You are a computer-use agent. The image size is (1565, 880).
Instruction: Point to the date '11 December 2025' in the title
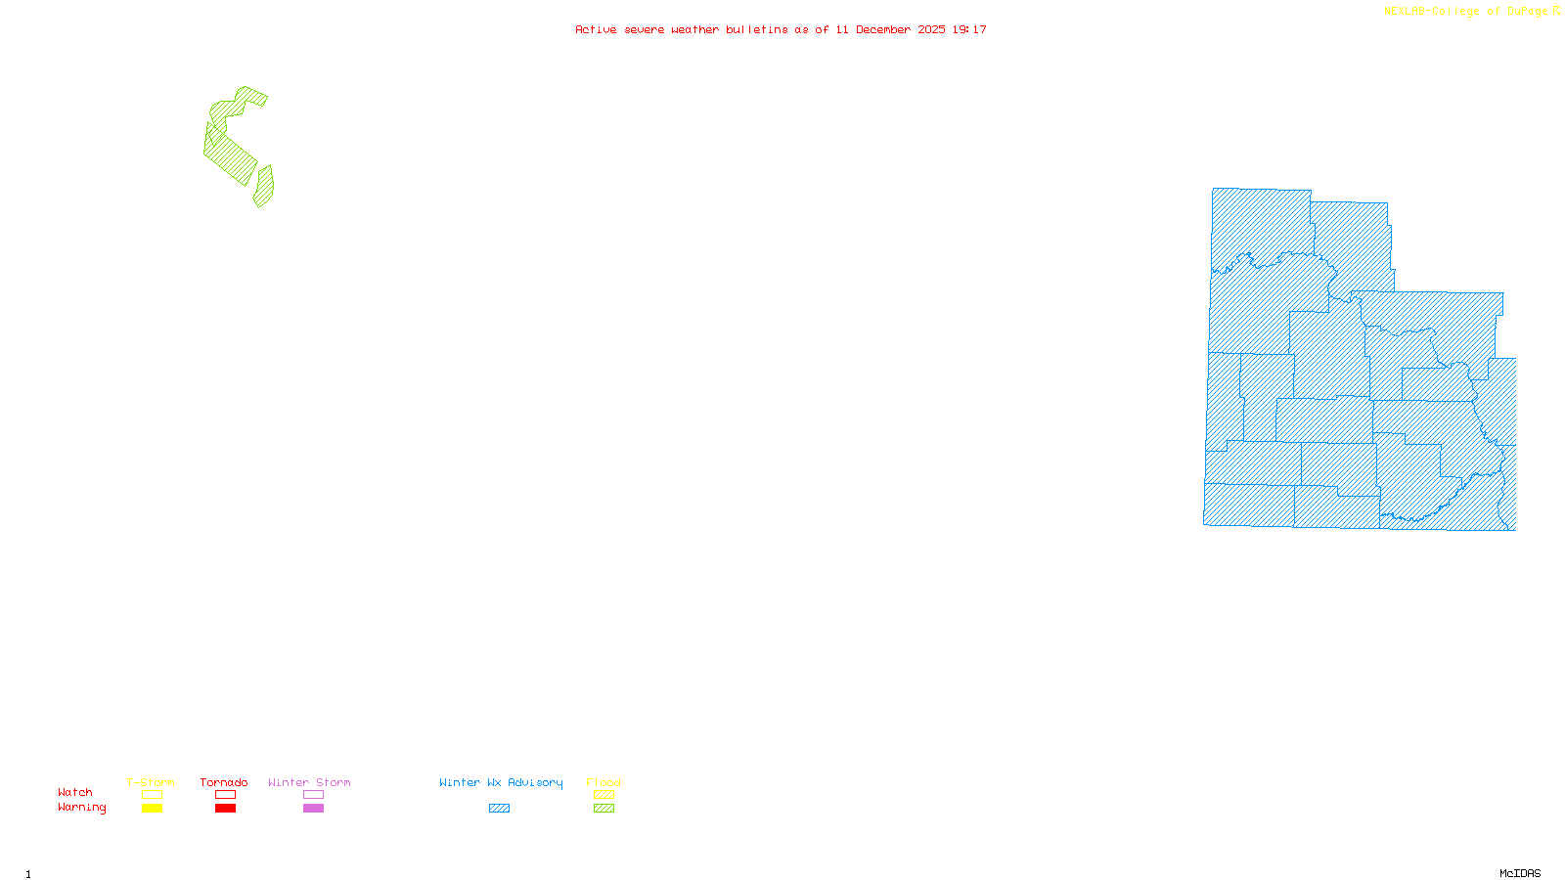(890, 30)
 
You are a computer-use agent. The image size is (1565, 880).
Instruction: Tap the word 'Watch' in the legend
(75, 793)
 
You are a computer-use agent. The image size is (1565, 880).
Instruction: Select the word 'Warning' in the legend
(81, 808)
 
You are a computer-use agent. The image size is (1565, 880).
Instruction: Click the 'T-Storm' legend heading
(151, 782)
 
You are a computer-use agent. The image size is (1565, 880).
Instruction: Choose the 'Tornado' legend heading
(224, 782)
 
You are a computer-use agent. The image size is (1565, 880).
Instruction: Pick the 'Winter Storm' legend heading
(309, 782)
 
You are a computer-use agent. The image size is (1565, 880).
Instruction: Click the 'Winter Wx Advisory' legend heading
(501, 782)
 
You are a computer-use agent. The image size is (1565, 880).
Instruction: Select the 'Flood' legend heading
(604, 782)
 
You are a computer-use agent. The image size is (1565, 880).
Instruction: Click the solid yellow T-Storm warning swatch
(152, 809)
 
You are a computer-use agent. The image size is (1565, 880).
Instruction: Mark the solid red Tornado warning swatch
(225, 809)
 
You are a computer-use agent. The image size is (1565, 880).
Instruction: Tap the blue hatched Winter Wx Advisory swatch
(499, 809)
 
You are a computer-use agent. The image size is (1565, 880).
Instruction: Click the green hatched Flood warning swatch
(604, 809)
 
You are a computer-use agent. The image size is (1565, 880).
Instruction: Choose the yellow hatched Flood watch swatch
(604, 795)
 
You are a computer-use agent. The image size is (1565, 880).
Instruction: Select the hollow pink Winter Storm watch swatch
(313, 795)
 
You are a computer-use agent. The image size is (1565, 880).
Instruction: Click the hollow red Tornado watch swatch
(225, 795)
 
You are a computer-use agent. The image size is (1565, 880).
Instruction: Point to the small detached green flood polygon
(264, 187)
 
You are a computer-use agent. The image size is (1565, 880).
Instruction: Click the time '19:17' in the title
(969, 30)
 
